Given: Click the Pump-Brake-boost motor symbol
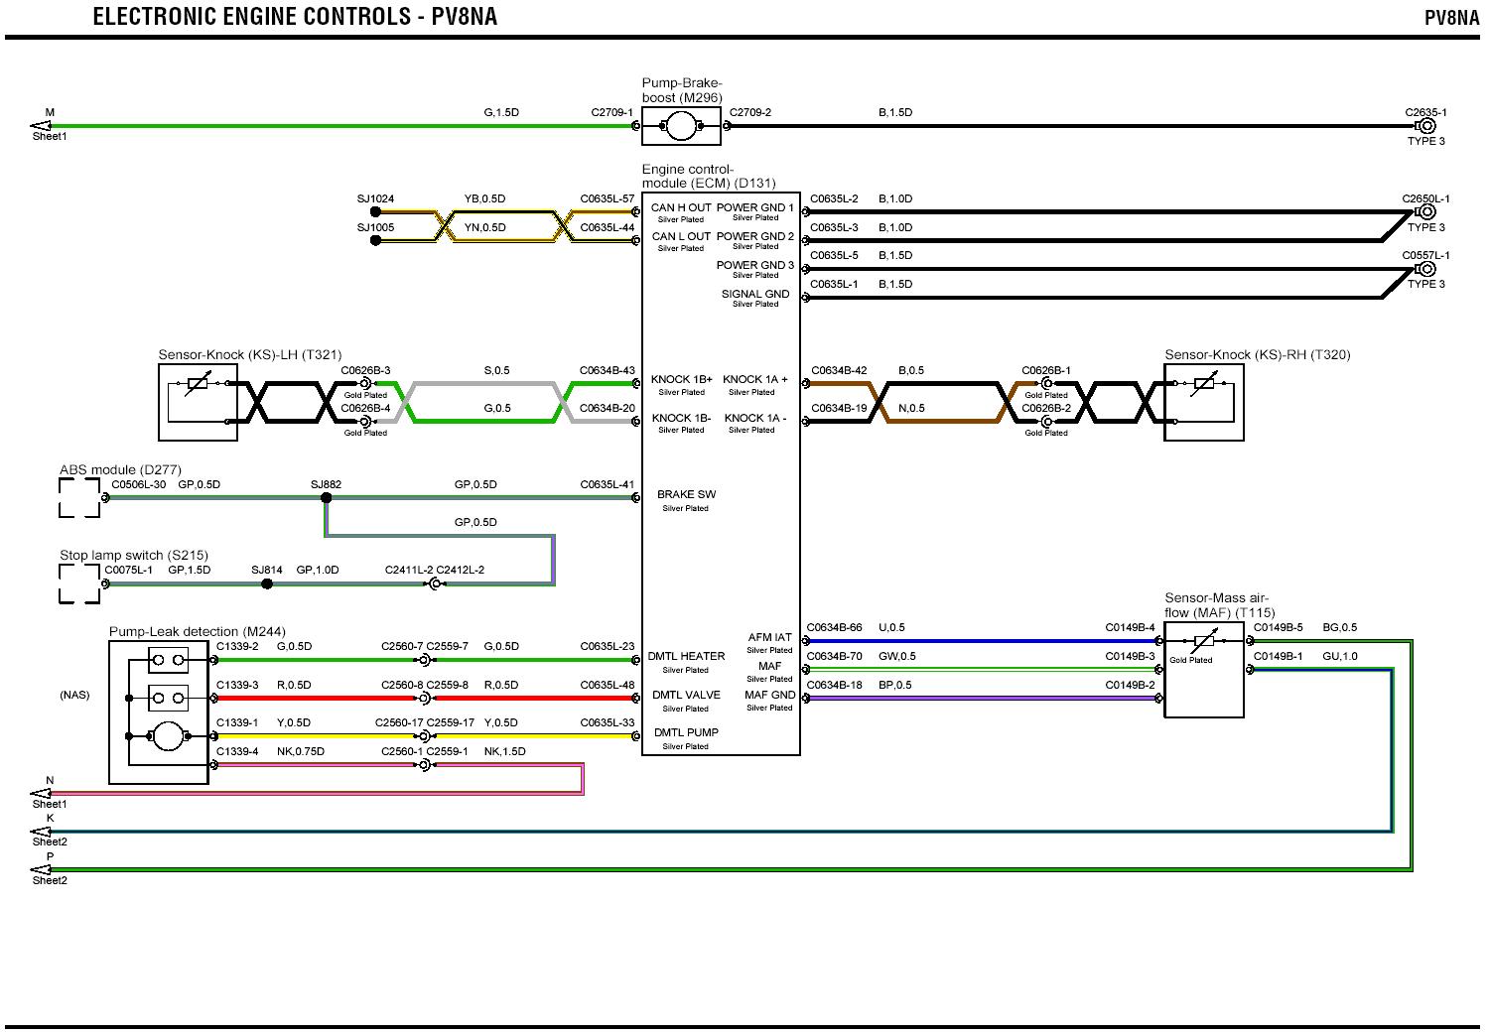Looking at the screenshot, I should tap(681, 126).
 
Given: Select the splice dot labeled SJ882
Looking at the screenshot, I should tap(326, 498).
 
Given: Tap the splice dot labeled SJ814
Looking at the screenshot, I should tap(267, 583).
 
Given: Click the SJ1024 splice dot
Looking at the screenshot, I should tap(375, 212).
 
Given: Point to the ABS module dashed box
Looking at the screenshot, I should tap(79, 498).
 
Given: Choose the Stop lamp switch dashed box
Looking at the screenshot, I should tap(79, 583).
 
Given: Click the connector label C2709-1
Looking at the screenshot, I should tap(611, 113).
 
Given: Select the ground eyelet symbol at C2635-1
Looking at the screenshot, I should tap(1427, 126).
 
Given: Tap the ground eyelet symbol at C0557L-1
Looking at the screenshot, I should tap(1427, 269).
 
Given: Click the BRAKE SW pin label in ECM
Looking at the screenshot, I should tap(686, 494).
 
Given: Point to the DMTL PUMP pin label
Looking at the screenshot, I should tap(686, 733).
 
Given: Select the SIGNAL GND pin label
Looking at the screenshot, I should tap(755, 295).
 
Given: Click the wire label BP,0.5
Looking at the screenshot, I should tap(894, 686).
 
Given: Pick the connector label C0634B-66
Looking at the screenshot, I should tap(834, 628).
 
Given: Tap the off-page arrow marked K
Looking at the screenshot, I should tap(42, 832).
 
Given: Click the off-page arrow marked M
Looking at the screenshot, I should tap(42, 126).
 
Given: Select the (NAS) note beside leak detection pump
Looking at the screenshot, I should tap(74, 696).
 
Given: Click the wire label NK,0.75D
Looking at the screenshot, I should tap(301, 752).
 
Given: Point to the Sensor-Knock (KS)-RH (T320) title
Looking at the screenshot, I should tap(1257, 355).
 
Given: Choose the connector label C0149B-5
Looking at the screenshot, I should tap(1278, 628).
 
